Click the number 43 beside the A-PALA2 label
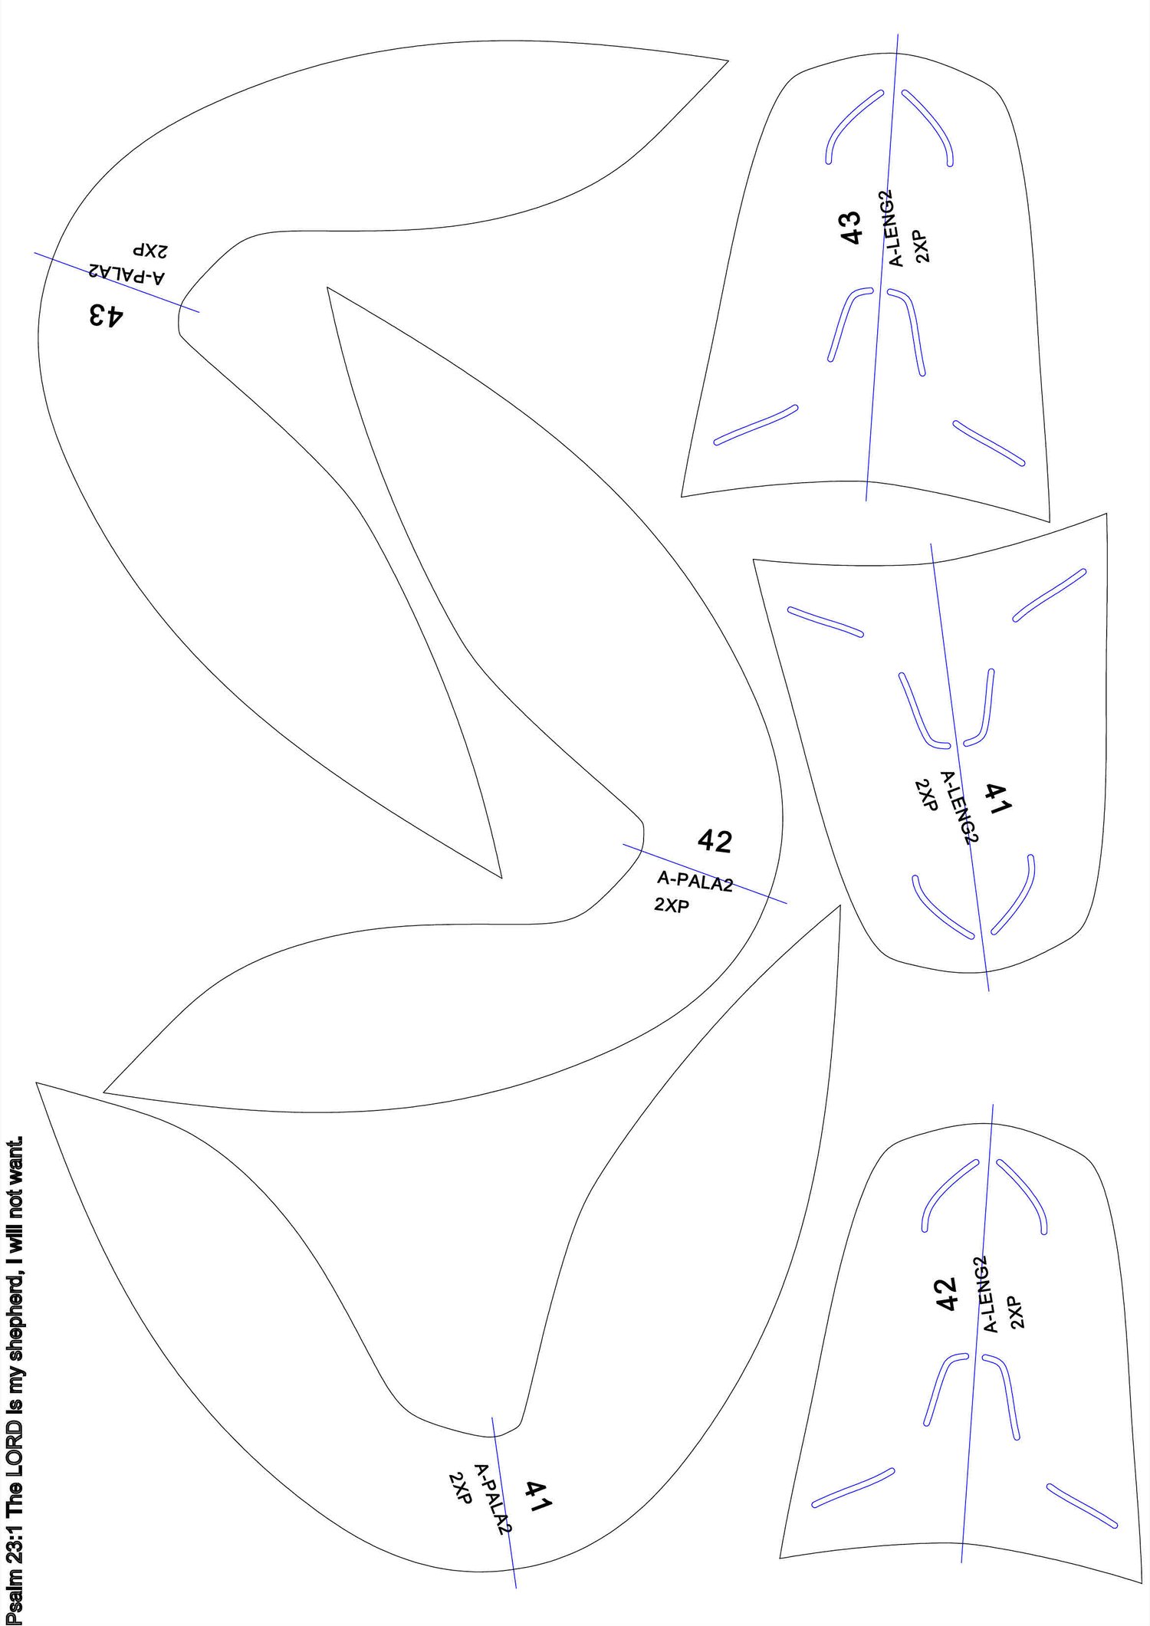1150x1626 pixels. [105, 315]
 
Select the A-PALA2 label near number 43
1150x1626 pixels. [127, 274]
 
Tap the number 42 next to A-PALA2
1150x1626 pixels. [715, 842]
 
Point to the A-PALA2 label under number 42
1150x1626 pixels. [695, 882]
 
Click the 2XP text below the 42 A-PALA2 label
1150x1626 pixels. [672, 905]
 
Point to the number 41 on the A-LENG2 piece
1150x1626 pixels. [1000, 798]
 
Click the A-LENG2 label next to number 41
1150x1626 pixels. [960, 807]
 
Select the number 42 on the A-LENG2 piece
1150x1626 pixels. [947, 1293]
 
